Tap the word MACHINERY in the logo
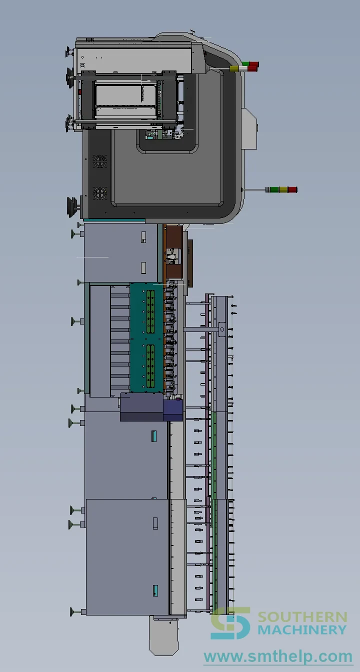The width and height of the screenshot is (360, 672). click(x=302, y=629)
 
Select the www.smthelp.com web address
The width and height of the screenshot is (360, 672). click(x=278, y=656)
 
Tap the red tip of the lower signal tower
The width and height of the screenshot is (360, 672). click(x=292, y=189)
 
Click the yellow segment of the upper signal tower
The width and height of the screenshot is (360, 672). click(x=233, y=68)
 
